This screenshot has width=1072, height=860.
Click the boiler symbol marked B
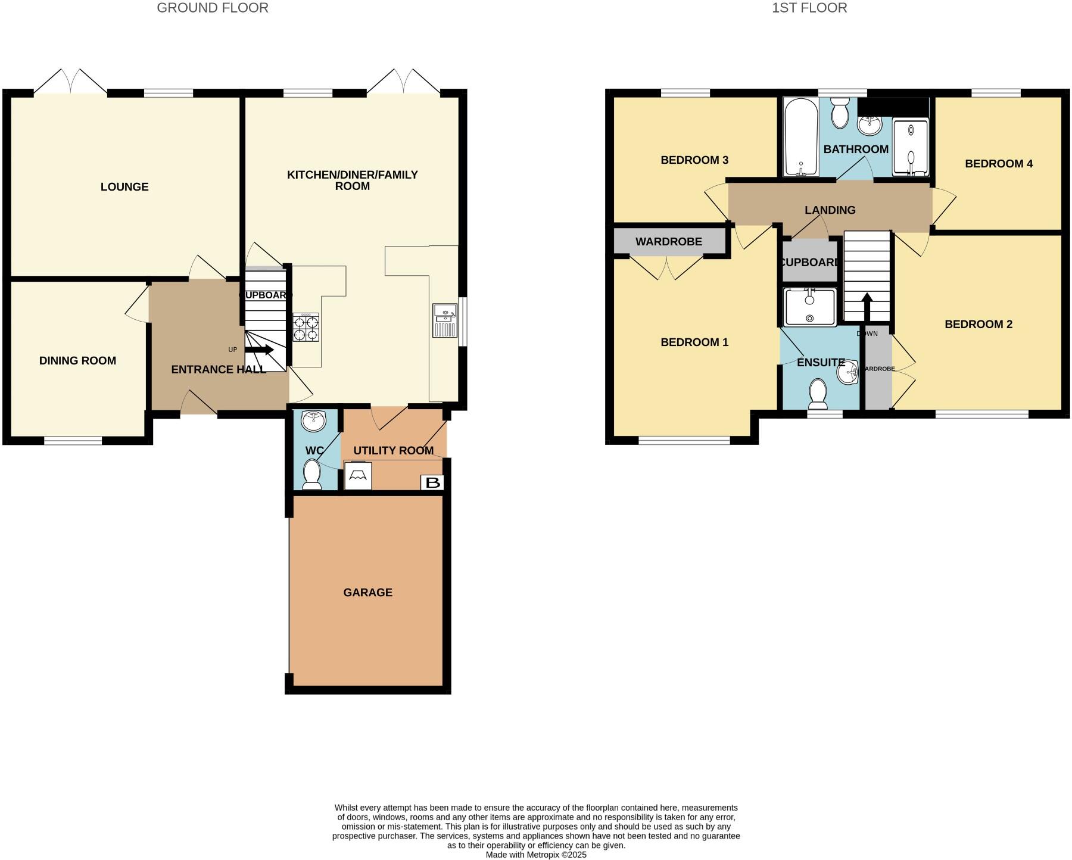(432, 482)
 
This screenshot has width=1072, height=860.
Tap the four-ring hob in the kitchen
(306, 327)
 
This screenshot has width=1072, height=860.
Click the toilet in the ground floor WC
(311, 475)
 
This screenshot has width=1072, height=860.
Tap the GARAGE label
(367, 593)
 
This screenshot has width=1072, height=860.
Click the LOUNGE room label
(124, 187)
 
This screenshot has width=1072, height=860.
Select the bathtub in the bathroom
(800, 138)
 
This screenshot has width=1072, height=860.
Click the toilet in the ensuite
(817, 394)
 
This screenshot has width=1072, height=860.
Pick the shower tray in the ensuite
(809, 307)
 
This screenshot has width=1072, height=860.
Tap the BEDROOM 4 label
(998, 164)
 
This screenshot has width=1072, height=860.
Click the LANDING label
(830, 210)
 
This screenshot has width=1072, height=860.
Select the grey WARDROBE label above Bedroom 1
(668, 242)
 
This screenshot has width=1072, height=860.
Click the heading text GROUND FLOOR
(212, 8)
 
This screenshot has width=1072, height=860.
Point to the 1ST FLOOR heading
(809, 8)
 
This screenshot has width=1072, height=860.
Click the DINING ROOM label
(77, 361)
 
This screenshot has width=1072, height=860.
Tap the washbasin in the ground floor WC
(313, 421)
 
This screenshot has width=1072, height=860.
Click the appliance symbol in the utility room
(358, 476)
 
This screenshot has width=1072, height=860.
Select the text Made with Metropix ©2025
(536, 855)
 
